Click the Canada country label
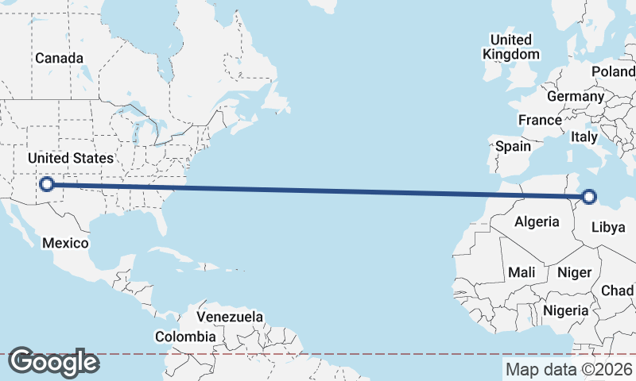[x=59, y=58]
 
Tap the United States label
[x=70, y=158]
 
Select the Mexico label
[x=65, y=242]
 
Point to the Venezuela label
[x=230, y=317]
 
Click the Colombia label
[x=185, y=337]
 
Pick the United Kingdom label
[x=510, y=47]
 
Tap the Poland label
[x=613, y=71]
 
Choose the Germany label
[x=576, y=96]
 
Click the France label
[x=540, y=120]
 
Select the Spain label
[x=513, y=146]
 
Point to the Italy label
[x=584, y=137]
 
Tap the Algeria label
[x=537, y=221]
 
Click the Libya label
[x=609, y=227]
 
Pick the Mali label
[x=522, y=272]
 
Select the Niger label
[x=574, y=272]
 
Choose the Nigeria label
[x=567, y=310]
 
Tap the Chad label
[x=618, y=291]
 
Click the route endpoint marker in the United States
[x=47, y=184]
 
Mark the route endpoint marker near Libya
[x=589, y=197]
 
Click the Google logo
[x=53, y=362]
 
